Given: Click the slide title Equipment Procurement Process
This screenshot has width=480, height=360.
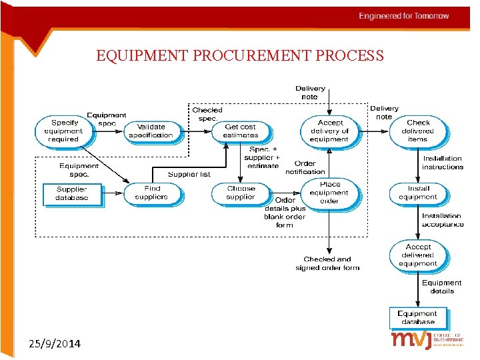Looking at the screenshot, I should (240, 55).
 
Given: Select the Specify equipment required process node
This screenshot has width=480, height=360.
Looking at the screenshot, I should (63, 131).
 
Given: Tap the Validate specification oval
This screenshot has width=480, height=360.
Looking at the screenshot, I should (151, 131).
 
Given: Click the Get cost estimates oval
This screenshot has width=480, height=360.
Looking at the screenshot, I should (240, 131).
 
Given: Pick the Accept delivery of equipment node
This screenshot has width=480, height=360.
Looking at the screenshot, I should (329, 131).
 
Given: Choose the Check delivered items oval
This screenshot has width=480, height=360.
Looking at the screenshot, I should (418, 131).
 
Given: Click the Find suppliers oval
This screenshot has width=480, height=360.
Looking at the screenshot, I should (151, 193).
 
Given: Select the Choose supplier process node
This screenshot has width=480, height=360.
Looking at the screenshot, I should (241, 193).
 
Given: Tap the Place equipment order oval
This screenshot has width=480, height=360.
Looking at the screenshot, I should (329, 193).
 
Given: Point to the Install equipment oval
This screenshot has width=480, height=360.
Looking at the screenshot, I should (418, 193).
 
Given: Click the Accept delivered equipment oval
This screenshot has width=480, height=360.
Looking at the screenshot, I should (418, 255).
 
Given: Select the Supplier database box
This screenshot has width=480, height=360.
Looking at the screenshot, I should (71, 194).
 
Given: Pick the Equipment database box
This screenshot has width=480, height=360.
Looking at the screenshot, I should (417, 317).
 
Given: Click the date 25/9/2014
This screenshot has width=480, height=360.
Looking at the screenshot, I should (55, 344).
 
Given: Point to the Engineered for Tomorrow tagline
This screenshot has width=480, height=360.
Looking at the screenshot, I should (404, 16).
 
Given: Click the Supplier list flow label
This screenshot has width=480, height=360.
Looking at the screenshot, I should (189, 175).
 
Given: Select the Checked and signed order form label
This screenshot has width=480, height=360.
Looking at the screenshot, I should (327, 263).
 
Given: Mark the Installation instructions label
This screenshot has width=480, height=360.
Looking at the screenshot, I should (442, 163).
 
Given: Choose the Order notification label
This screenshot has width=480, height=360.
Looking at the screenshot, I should (305, 167).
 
